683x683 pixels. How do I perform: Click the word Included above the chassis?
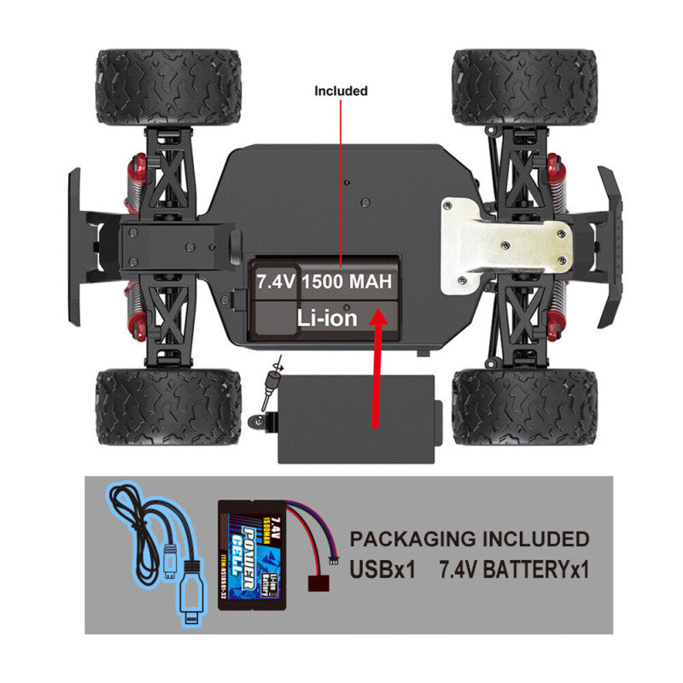pyautogui.click(x=341, y=90)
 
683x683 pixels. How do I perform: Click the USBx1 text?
pyautogui.click(x=382, y=569)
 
